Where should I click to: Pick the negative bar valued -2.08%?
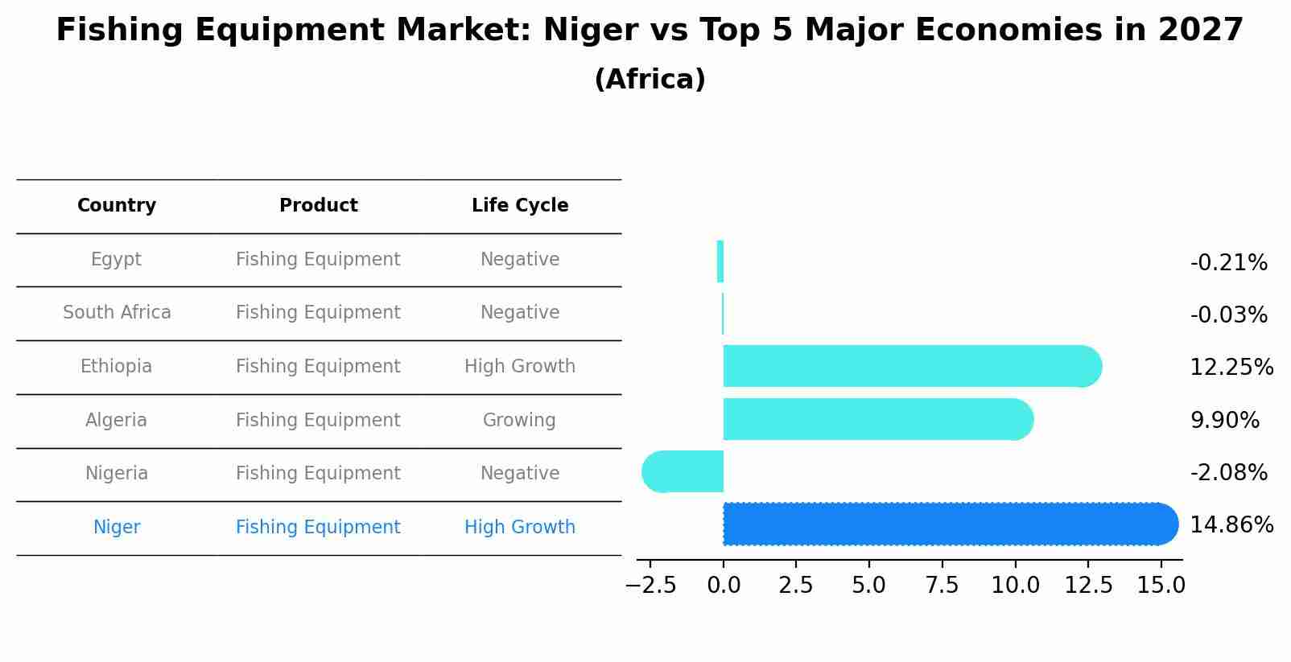tap(683, 471)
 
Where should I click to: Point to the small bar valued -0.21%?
tap(720, 261)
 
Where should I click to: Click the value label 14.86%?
tap(1231, 525)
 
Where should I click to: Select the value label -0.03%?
tap(1228, 315)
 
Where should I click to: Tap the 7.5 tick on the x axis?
tap(942, 586)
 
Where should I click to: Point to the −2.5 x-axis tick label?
tap(650, 586)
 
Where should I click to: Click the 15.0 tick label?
tap(1161, 586)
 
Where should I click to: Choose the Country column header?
tap(117, 206)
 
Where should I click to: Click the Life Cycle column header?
tap(520, 206)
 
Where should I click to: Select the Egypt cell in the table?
tap(117, 260)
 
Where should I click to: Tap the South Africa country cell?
tap(117, 313)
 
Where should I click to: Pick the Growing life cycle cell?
tap(519, 421)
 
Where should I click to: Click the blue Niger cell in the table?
tap(117, 528)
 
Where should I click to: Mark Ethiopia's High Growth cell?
tap(520, 367)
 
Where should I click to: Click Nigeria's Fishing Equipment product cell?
tap(318, 474)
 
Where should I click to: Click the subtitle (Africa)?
tap(650, 80)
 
